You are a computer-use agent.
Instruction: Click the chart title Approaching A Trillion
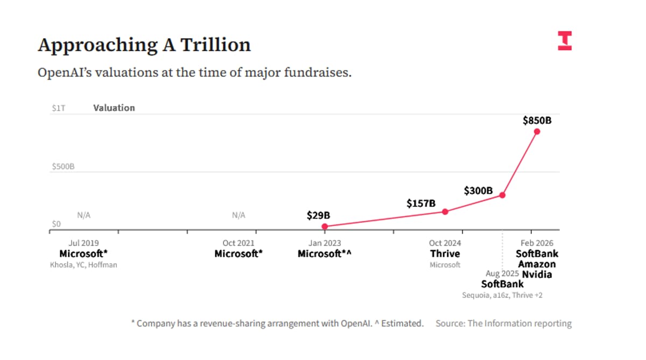point(144,45)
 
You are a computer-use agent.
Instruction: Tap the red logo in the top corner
point(565,41)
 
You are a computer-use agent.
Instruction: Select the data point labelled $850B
point(537,131)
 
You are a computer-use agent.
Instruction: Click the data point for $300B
point(502,195)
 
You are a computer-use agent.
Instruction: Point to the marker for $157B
point(445,211)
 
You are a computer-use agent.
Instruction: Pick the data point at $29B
point(325,227)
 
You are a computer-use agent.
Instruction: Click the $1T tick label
point(58,108)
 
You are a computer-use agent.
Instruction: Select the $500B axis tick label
point(63,167)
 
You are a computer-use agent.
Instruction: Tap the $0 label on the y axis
point(56,224)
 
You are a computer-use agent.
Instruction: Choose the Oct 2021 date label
point(238,243)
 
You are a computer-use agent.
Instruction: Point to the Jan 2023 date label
point(325,243)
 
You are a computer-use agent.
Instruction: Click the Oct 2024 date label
point(445,243)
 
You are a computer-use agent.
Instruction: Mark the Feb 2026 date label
point(537,243)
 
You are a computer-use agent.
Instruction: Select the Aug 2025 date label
point(502,274)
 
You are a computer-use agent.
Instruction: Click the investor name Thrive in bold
point(445,253)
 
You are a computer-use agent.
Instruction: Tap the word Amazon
point(537,264)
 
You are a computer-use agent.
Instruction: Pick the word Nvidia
point(537,274)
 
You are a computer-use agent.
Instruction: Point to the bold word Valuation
point(114,108)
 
